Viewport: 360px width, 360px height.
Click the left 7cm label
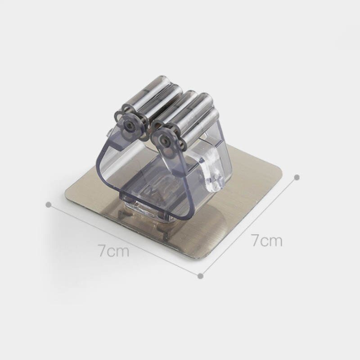coord(114,251)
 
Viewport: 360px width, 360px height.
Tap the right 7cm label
coord(267,241)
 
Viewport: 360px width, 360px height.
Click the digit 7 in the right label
coord(256,241)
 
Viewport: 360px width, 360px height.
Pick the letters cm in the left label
coord(120,251)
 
